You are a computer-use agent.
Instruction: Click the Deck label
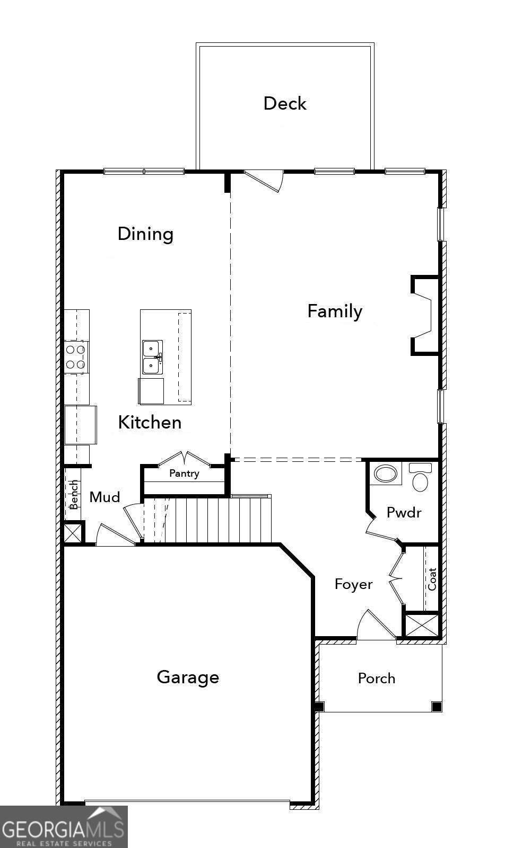[x=285, y=103]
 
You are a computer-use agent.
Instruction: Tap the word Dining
[x=145, y=234]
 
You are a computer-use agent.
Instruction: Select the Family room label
[x=335, y=311]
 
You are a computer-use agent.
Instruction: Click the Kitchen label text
[x=150, y=422]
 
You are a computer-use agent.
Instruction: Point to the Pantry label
[x=184, y=473]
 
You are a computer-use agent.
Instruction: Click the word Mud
[x=105, y=497]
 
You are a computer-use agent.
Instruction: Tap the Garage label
[x=188, y=677]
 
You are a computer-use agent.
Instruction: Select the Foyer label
[x=353, y=584]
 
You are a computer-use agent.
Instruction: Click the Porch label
[x=377, y=678]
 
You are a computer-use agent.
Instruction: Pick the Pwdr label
[x=404, y=512]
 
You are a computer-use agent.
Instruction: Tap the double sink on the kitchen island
[x=152, y=357]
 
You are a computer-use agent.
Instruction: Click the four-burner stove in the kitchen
[x=75, y=356]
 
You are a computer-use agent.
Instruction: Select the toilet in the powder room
[x=420, y=478]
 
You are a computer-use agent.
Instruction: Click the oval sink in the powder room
[x=386, y=474]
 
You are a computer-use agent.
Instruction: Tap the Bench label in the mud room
[x=74, y=495]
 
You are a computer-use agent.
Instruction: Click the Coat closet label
[x=432, y=579]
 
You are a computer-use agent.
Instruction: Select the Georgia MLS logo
[x=64, y=827]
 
